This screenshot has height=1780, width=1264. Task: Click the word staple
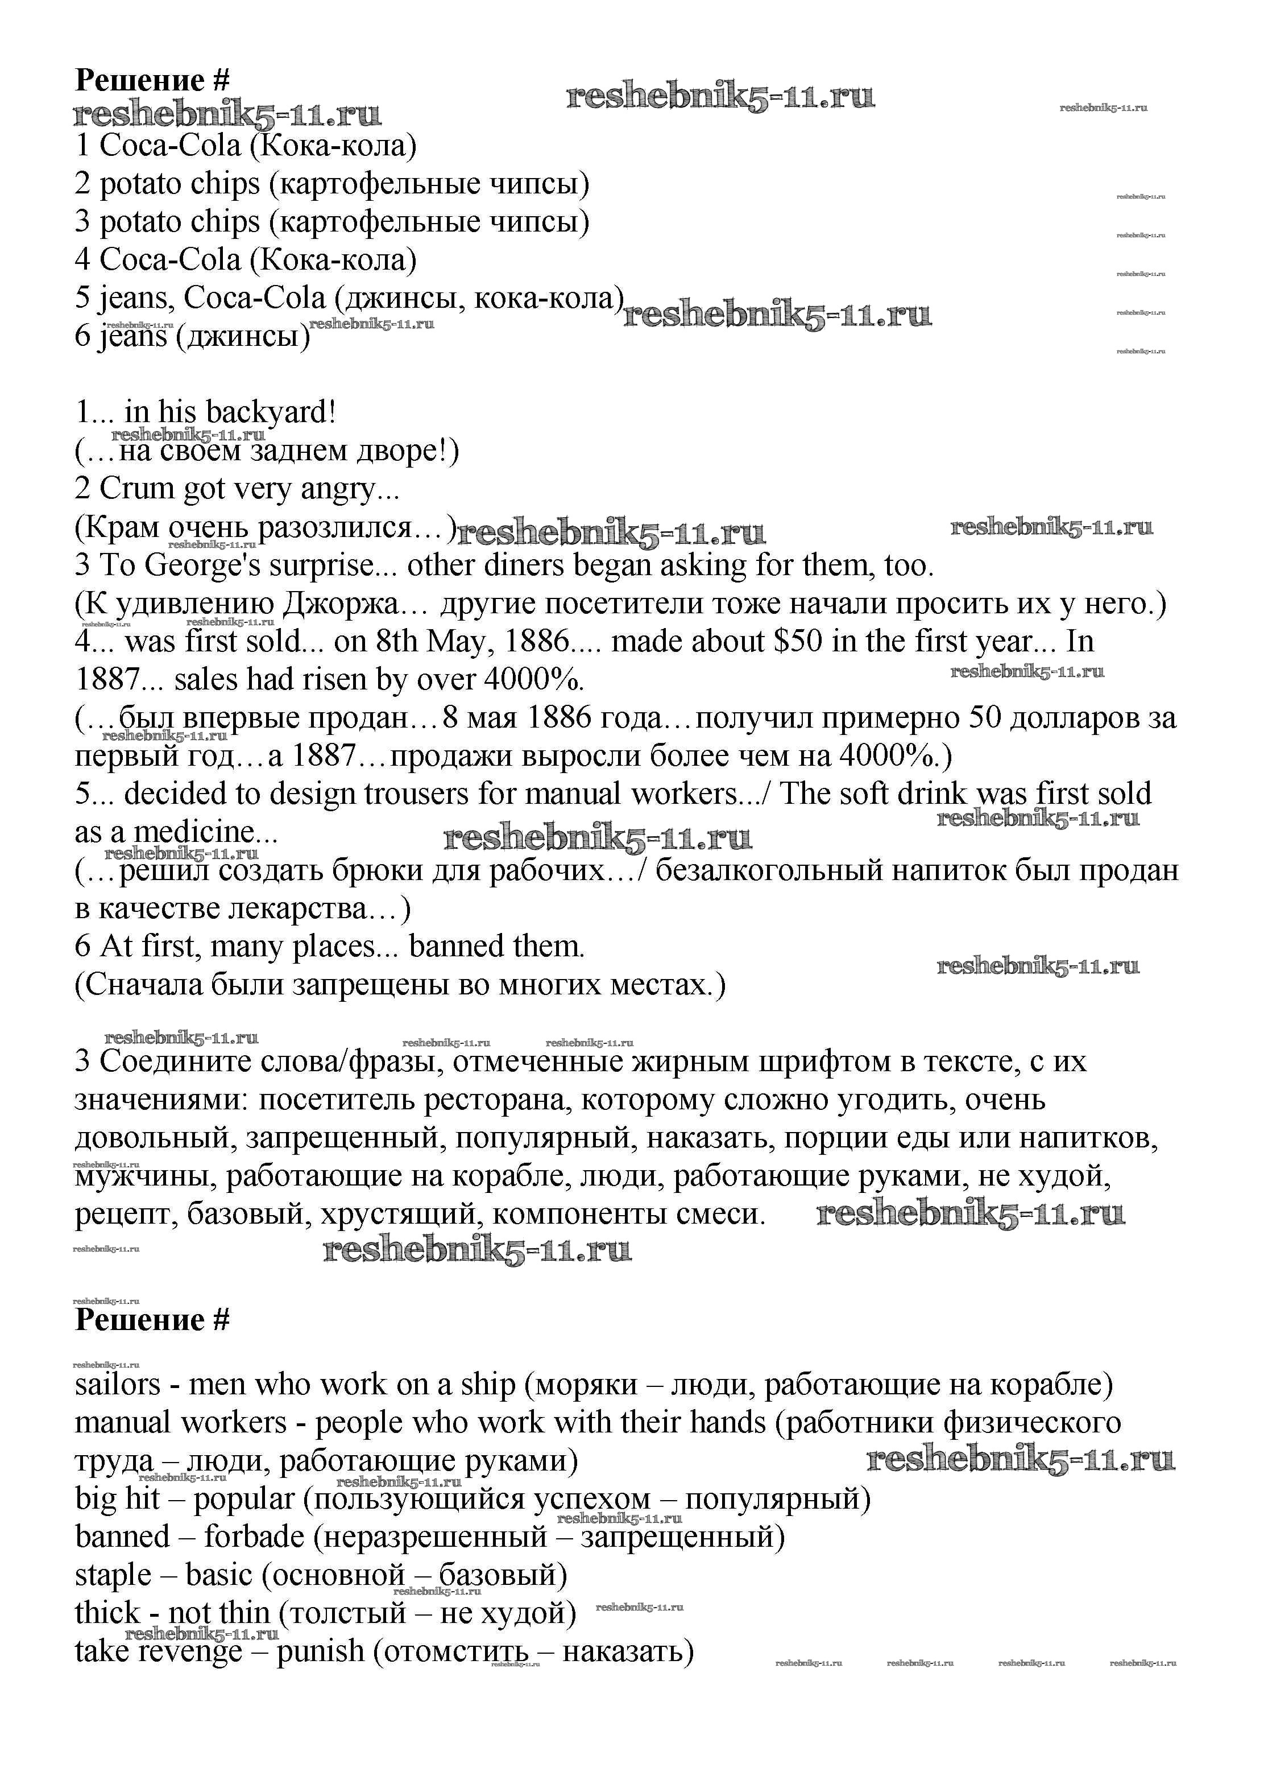[x=112, y=1576]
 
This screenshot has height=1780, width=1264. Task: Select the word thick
[x=107, y=1613]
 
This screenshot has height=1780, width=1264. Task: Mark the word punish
[x=321, y=1651]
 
